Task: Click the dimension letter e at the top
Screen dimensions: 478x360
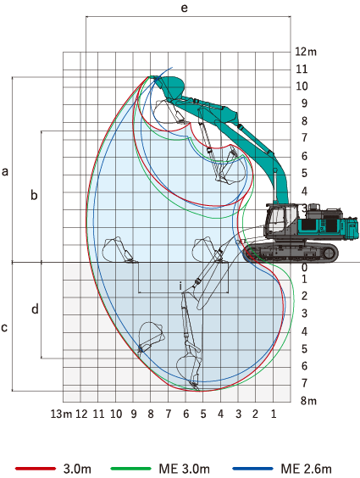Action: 185,8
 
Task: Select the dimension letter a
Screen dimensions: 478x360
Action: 6,172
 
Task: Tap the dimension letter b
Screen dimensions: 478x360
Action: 34,196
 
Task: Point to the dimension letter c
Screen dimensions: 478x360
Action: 6,326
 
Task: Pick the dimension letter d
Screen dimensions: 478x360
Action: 34,309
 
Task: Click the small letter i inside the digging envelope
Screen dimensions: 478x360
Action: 180,285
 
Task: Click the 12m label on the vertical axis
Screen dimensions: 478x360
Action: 306,51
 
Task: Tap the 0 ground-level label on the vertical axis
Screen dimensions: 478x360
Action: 303,267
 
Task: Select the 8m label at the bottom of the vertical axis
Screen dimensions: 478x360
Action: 306,401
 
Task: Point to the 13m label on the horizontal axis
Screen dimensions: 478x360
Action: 60,414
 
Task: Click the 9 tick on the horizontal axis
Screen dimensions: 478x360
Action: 134,414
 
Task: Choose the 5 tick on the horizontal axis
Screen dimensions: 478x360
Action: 203,414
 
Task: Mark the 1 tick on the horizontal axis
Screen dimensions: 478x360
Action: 273,414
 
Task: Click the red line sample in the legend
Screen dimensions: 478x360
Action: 35,468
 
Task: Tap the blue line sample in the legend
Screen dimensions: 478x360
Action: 253,468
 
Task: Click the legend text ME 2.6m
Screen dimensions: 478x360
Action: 306,468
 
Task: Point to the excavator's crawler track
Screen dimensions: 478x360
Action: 291,253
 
